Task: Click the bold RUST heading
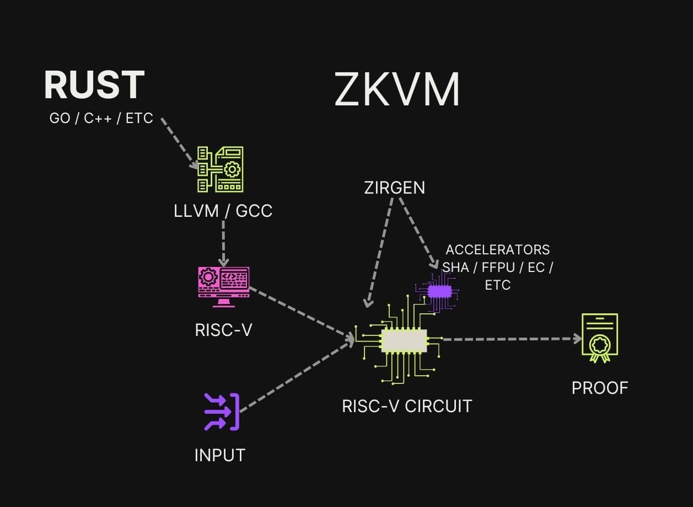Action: pyautogui.click(x=94, y=86)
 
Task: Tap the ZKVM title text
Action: pyautogui.click(x=397, y=90)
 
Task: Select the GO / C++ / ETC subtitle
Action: pyautogui.click(x=101, y=118)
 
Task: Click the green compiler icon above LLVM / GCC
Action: pyautogui.click(x=221, y=169)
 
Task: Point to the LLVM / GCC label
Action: pyautogui.click(x=223, y=211)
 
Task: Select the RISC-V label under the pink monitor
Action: pyautogui.click(x=223, y=330)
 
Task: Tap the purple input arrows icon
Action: pyautogui.click(x=222, y=412)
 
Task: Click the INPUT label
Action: pyautogui.click(x=219, y=455)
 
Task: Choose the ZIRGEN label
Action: pyautogui.click(x=394, y=188)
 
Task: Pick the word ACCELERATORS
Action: pyautogui.click(x=497, y=249)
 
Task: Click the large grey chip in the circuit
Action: pyautogui.click(x=404, y=340)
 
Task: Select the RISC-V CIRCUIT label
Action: pyautogui.click(x=407, y=406)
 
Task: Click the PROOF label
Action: pyautogui.click(x=600, y=388)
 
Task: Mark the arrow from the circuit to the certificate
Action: pyautogui.click(x=510, y=339)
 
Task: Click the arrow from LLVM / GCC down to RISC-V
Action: pyautogui.click(x=223, y=243)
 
